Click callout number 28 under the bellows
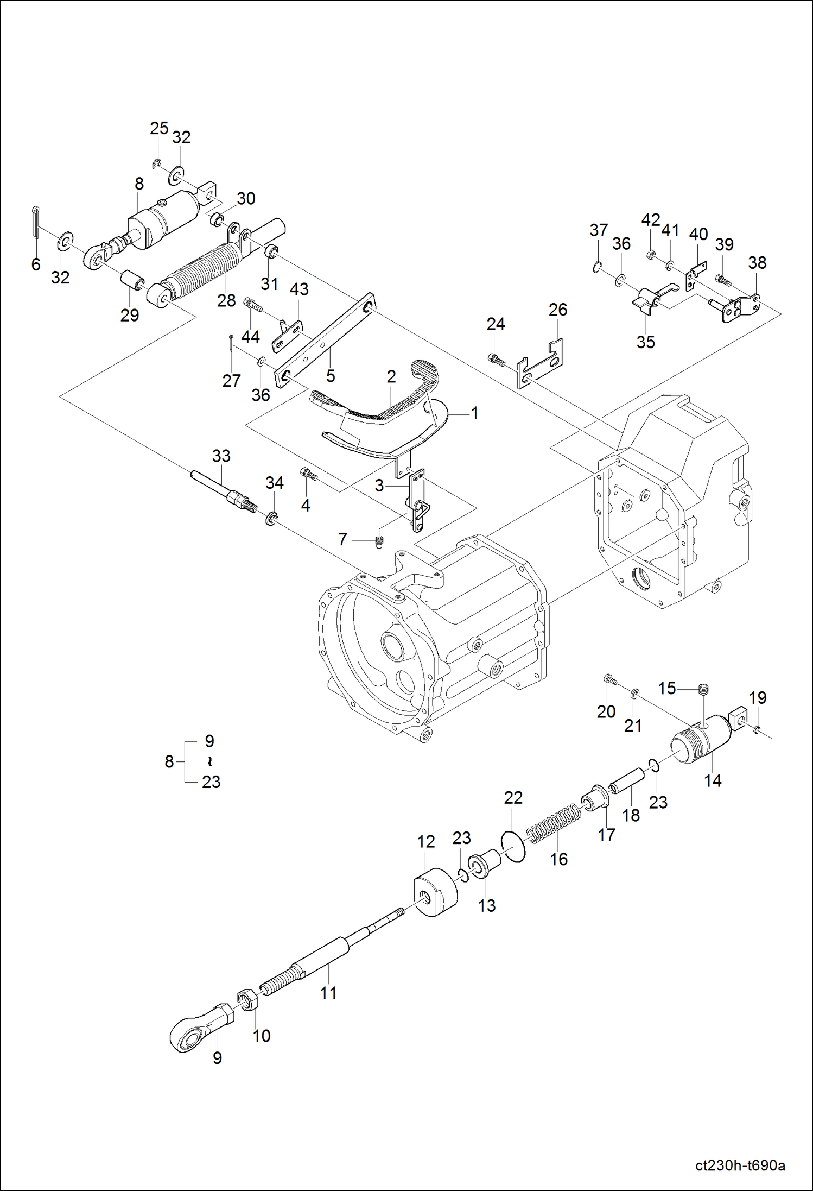(226, 300)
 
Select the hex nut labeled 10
(247, 999)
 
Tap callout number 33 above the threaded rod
(221, 456)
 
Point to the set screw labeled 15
(704, 691)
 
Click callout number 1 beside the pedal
(474, 413)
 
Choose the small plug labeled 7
(380, 542)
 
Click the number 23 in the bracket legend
(211, 782)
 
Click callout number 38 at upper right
(757, 263)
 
